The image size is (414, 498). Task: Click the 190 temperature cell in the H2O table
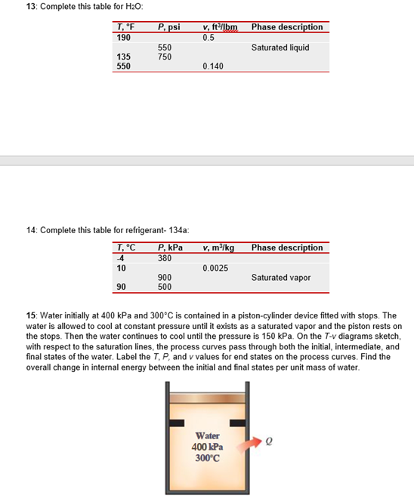[124, 37]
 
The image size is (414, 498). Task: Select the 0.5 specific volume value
[209, 37]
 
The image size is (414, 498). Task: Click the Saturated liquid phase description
[280, 47]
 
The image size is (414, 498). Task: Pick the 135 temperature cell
[124, 57]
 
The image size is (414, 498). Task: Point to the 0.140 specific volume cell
[214, 66]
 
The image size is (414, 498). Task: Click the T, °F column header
[125, 27]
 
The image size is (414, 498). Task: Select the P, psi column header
[168, 27]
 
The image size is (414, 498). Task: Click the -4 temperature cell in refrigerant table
[122, 257]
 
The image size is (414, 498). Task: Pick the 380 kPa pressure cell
[164, 257]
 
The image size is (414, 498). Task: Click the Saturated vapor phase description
[280, 277]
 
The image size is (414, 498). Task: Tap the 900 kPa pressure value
[164, 277]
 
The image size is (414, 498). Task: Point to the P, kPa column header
[170, 247]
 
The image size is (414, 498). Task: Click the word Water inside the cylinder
[208, 435]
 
